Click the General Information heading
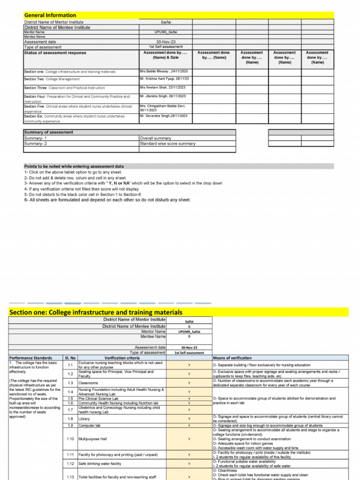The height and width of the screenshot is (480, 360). [x=50, y=15]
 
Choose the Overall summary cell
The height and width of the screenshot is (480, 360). [x=156, y=138]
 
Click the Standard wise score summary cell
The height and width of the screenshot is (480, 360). [x=168, y=143]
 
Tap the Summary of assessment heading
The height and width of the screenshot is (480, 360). [x=49, y=132]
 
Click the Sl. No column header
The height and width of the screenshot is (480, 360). [x=70, y=358]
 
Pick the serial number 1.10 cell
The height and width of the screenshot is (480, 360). [x=70, y=439]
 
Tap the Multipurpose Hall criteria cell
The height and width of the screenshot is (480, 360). [x=93, y=439]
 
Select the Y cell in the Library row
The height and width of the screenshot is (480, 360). [x=189, y=419]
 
